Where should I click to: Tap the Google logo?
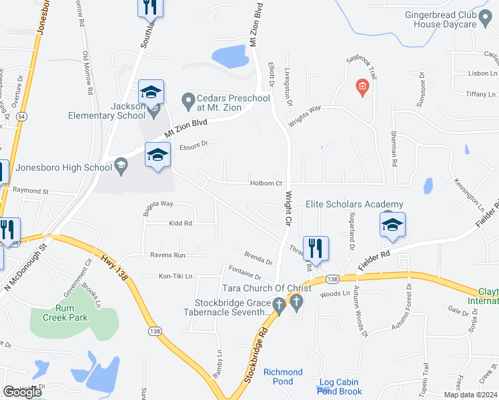(x=22, y=392)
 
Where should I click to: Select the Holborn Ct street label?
(x=267, y=183)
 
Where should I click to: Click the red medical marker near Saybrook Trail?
(x=362, y=87)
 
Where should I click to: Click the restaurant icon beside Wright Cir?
(x=316, y=247)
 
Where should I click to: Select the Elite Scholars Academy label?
(x=354, y=204)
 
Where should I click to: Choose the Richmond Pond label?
(x=283, y=377)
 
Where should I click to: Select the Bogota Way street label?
(x=158, y=203)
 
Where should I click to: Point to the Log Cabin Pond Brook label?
(x=340, y=387)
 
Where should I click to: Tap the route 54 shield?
(x=22, y=117)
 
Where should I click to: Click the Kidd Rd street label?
(x=180, y=223)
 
